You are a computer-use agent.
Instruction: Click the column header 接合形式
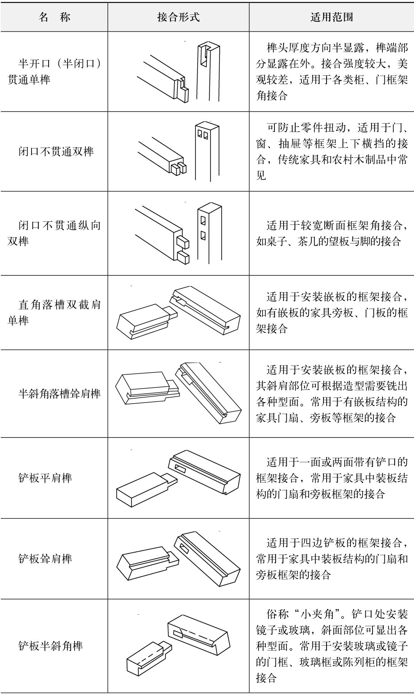[x=178, y=17]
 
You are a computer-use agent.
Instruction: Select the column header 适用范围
[x=332, y=17]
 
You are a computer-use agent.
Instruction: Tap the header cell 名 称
[x=54, y=17]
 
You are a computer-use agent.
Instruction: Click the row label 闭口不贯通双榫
[x=56, y=151]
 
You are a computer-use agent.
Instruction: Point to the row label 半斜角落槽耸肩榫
[x=59, y=393]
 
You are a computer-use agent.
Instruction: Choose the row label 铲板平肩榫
[x=45, y=478]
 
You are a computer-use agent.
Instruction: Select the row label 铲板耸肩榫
[x=45, y=558]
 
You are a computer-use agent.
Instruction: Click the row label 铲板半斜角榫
[x=51, y=646]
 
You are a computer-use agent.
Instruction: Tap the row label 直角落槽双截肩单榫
[x=54, y=312]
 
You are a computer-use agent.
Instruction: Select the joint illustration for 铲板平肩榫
[x=178, y=478]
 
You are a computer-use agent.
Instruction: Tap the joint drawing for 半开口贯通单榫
[x=178, y=72]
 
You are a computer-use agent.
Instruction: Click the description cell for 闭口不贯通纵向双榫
[x=332, y=233]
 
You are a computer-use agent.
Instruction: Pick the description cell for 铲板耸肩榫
[x=332, y=558]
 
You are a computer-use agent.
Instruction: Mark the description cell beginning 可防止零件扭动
[x=332, y=151]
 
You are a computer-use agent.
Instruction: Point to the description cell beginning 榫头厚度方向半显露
[x=332, y=72]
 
